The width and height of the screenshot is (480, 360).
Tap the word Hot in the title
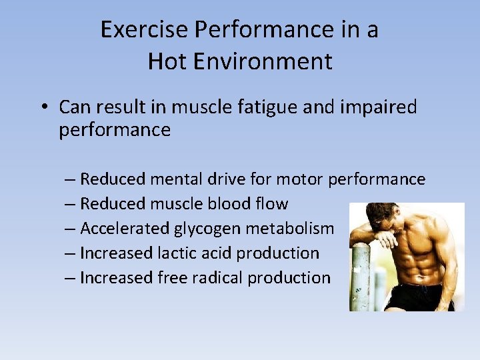click(x=163, y=61)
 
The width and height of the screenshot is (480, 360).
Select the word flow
click(x=273, y=204)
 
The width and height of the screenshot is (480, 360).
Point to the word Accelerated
click(x=125, y=229)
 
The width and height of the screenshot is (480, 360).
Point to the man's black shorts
click(x=413, y=298)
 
